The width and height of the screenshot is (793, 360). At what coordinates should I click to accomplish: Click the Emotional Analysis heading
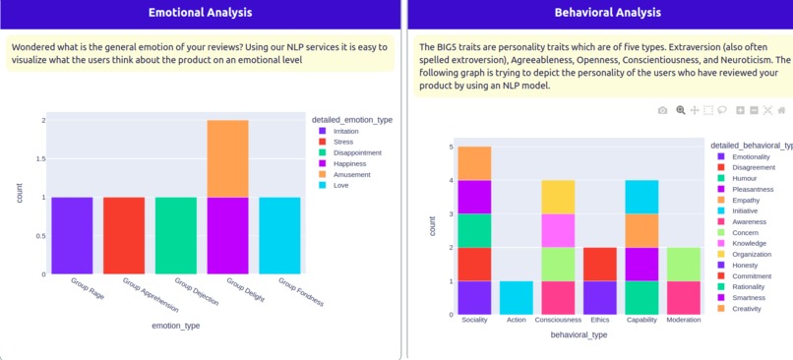point(200,13)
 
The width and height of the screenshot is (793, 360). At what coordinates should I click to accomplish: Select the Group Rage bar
point(72,235)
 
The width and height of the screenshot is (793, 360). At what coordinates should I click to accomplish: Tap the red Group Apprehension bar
point(124,235)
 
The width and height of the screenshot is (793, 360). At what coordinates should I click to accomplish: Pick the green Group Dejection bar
point(176,235)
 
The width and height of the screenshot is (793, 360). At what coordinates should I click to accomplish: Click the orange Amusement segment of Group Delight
point(227,158)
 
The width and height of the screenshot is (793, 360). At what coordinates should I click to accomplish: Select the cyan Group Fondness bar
point(279,235)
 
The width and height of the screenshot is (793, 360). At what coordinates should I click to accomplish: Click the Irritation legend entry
point(345,131)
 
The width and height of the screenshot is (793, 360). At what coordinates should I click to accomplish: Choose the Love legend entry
point(340,185)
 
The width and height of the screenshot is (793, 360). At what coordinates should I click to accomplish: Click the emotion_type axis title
point(175,325)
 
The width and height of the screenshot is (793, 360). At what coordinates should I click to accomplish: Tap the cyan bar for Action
point(517,298)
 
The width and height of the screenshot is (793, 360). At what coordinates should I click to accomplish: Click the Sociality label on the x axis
point(474,320)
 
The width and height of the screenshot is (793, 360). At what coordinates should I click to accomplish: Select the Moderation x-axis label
point(684,320)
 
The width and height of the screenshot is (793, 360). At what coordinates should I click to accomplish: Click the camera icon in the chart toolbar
point(663,110)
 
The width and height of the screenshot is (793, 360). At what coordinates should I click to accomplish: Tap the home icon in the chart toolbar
point(782,110)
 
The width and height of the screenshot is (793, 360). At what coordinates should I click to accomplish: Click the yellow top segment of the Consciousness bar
point(558,197)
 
